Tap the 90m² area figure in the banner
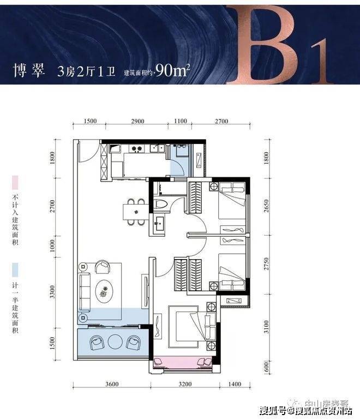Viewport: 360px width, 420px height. tap(172, 70)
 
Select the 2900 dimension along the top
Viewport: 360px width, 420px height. tap(137, 121)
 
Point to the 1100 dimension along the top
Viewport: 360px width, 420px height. tap(180, 121)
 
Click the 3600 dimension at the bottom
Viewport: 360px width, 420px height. tap(112, 384)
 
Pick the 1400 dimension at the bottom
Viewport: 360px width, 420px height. tap(235, 384)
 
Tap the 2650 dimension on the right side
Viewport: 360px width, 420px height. tap(266, 206)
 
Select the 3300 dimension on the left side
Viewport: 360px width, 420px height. tap(52, 292)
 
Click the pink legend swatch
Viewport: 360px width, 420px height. tap(15, 182)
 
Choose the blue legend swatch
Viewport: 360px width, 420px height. tap(15, 270)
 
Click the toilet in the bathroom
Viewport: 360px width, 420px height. tap(161, 204)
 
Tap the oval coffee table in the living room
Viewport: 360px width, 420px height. tap(105, 291)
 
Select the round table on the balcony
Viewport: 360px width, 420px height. tap(115, 341)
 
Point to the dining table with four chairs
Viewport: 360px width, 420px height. tap(135, 212)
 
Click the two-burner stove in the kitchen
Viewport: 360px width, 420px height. tap(136, 149)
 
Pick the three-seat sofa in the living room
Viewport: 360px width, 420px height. tap(85, 291)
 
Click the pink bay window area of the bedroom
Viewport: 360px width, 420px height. tap(183, 363)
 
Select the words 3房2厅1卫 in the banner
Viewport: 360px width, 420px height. tap(86, 71)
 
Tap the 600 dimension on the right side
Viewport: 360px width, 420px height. tap(266, 367)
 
